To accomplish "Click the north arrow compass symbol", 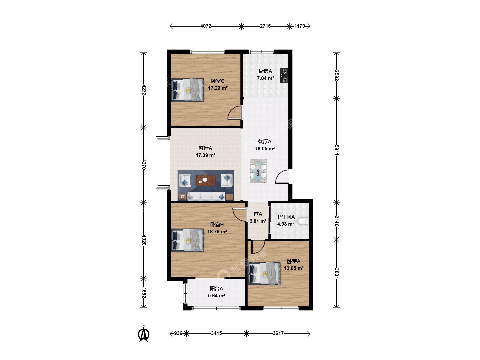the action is point(143,334).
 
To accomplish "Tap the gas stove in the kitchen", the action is point(284,75).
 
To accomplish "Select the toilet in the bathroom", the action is point(303,221).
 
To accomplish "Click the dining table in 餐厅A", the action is point(258,171).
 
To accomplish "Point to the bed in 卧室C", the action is point(187,90).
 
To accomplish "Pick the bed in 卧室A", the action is point(264,273).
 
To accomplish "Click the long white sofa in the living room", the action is point(206,196).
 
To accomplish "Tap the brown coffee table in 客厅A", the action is point(206,180).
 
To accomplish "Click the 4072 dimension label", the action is point(206,26).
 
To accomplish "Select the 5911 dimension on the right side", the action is point(337,150).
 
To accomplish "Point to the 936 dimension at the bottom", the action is point(178,333).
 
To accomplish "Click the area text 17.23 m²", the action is point(218,88).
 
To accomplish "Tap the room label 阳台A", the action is point(216,289).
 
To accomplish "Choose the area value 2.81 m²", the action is point(258,221).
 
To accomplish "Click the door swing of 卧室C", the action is point(234,113).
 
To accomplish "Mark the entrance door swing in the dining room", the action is point(282,176).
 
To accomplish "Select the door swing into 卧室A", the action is point(258,247).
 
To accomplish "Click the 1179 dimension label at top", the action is point(300,26).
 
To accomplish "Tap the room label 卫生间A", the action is point(286,217).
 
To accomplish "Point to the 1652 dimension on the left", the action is point(144,293).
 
